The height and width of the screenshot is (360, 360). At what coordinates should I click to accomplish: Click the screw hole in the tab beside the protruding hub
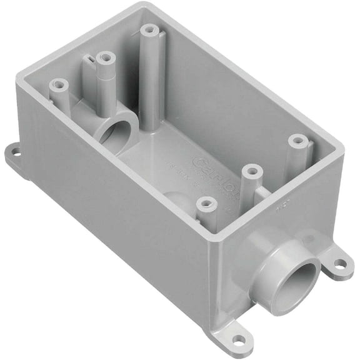point(339,264)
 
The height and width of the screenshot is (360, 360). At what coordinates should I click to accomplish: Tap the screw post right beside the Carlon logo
point(251,170)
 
